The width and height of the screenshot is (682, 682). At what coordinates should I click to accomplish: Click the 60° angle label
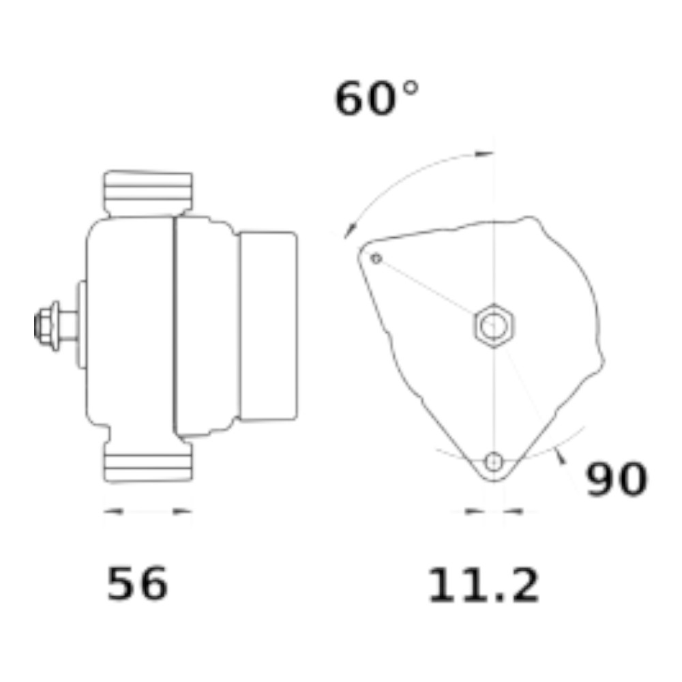point(376,98)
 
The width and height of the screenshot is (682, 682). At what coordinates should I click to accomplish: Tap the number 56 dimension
point(137,583)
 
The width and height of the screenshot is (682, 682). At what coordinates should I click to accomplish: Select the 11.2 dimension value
point(484,585)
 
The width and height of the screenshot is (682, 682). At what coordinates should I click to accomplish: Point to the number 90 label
point(617,479)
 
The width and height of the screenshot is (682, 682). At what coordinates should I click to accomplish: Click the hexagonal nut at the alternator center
point(494,325)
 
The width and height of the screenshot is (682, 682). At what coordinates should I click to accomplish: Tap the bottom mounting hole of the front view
point(494,462)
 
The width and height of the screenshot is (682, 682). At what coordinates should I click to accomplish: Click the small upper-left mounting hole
point(376,258)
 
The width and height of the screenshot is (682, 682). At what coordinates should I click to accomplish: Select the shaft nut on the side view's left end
point(42,325)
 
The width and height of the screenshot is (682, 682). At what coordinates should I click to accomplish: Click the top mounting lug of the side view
point(148,193)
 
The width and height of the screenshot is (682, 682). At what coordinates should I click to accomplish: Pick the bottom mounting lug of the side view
point(148,462)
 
